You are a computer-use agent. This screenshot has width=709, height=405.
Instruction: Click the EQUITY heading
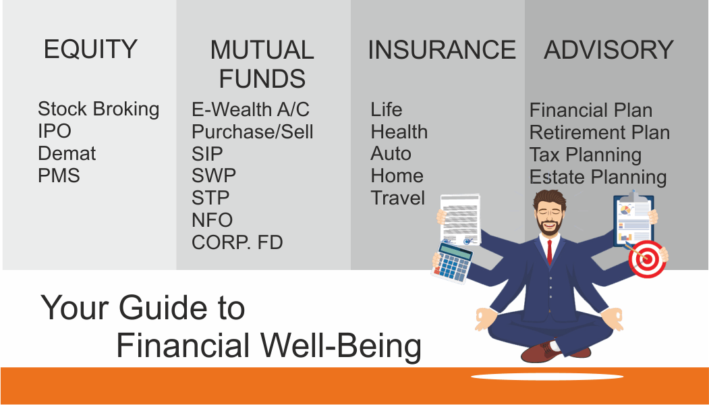click(x=90, y=49)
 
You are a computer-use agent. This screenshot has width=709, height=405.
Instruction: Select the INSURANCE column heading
click(x=442, y=49)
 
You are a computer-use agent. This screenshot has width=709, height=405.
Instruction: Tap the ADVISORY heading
click(x=608, y=49)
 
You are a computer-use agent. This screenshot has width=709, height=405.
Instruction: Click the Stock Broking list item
click(x=98, y=109)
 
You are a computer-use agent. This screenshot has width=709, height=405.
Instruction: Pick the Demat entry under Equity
click(x=67, y=153)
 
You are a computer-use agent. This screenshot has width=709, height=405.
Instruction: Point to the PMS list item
click(x=59, y=175)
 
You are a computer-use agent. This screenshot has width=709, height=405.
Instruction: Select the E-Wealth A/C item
click(x=250, y=109)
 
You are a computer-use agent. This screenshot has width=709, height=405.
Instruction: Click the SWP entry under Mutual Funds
click(x=213, y=175)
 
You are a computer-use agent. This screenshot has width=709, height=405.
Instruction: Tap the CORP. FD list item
click(x=237, y=242)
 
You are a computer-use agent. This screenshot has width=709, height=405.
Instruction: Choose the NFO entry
click(x=212, y=220)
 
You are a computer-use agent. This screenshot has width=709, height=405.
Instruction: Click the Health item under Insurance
click(x=399, y=132)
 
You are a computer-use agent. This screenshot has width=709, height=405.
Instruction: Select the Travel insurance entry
click(x=398, y=198)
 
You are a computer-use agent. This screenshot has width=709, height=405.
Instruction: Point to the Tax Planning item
click(x=585, y=155)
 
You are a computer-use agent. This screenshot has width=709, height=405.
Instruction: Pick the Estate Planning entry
click(x=598, y=178)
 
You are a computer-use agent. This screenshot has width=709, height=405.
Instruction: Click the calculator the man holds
click(x=453, y=263)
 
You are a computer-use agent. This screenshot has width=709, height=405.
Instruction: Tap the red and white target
click(x=648, y=259)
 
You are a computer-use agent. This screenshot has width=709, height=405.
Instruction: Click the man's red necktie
click(x=549, y=252)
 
